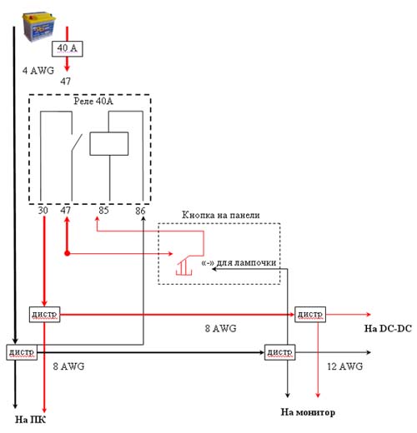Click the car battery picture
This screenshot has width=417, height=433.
coord(39,27)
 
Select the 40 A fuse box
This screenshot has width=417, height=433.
coord(68,49)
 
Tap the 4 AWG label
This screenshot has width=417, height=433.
coord(38,71)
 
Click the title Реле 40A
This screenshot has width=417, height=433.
coord(93,101)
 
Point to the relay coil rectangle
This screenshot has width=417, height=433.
coord(109,144)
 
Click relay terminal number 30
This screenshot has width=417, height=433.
coord(43,211)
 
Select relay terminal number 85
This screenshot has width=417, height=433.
coord(103,211)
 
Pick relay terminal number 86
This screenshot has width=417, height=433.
coord(140,211)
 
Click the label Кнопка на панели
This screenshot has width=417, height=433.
coord(221,215)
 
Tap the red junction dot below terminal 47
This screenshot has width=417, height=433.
coord(67,253)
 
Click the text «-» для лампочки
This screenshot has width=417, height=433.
coord(239,262)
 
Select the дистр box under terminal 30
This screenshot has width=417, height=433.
coord(44,315)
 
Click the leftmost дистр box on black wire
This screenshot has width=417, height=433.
coord(22,352)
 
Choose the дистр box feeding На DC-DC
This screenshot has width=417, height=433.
coord(310,315)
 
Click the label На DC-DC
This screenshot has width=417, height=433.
coord(388,329)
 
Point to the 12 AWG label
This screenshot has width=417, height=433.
coord(345,366)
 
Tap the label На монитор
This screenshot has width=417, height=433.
coord(308,412)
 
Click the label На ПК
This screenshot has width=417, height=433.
coord(31,420)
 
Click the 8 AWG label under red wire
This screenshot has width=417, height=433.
coord(221,329)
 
